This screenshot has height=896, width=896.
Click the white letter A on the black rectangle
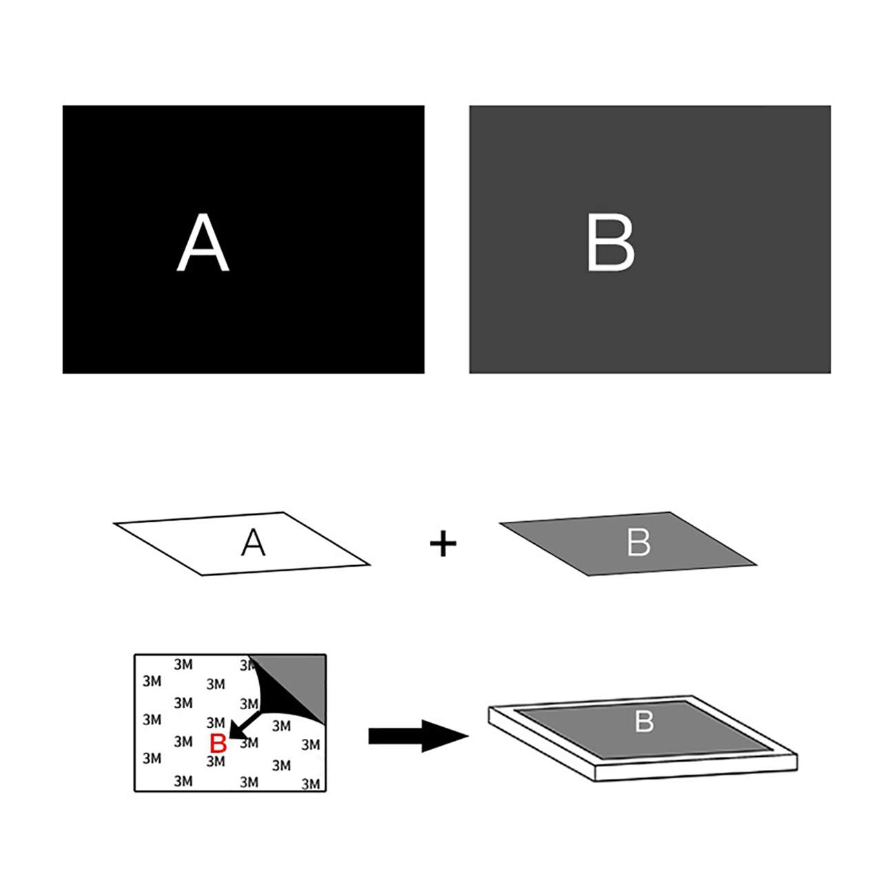[203, 242]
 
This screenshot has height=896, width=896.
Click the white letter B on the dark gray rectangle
[611, 242]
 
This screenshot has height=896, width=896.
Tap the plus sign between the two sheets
[442, 543]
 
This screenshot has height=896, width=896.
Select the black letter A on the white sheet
[253, 542]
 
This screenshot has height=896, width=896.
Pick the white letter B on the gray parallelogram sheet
[638, 542]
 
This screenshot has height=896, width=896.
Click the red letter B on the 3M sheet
[218, 743]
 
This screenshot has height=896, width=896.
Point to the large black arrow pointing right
[418, 735]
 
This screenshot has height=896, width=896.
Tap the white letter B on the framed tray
[644, 722]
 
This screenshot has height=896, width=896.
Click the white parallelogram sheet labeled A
[242, 544]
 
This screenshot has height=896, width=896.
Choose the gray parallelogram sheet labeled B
[629, 544]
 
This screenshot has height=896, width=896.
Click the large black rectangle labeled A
[243, 239]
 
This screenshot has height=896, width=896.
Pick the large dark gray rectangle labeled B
[650, 239]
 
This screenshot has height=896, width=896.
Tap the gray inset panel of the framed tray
[644, 730]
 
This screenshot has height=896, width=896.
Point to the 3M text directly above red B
[216, 722]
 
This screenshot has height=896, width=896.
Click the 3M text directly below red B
[216, 761]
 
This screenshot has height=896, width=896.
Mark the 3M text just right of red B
[250, 743]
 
